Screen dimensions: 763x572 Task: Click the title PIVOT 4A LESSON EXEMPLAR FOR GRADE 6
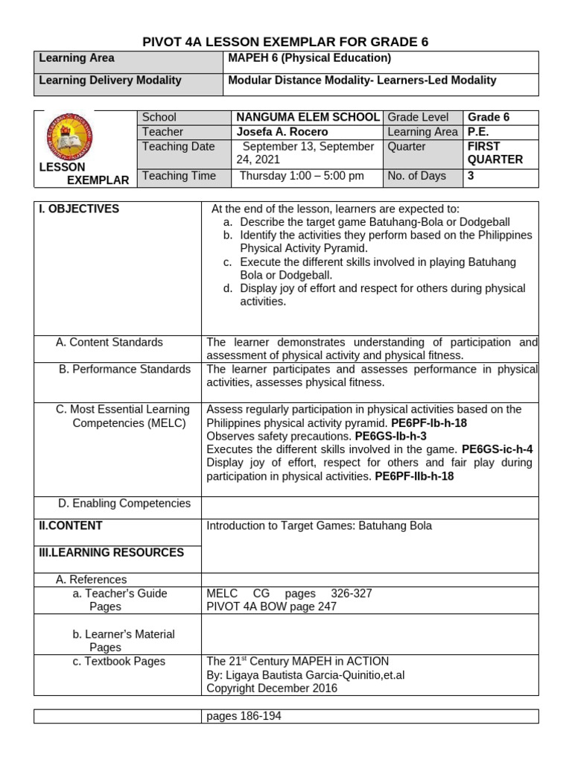(285, 42)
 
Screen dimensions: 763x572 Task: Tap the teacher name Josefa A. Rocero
(282, 132)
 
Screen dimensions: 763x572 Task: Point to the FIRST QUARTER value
(495, 153)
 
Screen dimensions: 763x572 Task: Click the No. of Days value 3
(471, 176)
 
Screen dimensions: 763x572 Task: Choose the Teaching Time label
(179, 176)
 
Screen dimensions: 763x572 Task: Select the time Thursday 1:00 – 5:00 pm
(302, 176)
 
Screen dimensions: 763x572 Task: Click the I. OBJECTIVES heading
(79, 209)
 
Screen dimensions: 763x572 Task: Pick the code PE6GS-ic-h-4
(497, 449)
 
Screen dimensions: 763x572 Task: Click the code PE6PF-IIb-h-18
(414, 476)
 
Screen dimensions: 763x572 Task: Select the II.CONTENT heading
(71, 525)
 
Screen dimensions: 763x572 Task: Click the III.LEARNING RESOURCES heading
(111, 552)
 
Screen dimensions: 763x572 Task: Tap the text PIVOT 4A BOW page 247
(271, 607)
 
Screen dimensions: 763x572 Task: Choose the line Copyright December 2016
(272, 688)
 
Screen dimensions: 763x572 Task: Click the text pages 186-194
(244, 716)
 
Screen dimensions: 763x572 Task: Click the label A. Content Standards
(109, 342)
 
